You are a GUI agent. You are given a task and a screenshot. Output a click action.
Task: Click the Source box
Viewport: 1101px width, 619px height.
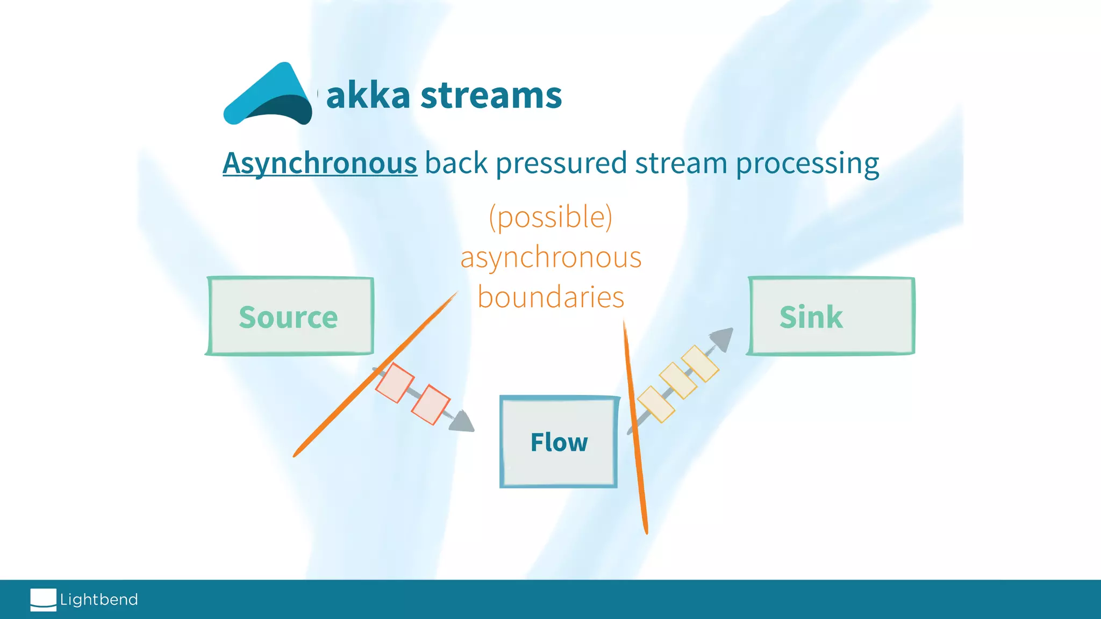pos(289,316)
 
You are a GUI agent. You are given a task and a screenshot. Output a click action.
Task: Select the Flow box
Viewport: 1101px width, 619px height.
pos(559,442)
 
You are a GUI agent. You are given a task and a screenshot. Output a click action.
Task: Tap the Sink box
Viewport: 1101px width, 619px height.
pos(831,316)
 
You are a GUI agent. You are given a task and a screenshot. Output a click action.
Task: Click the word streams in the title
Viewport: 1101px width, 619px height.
pos(491,96)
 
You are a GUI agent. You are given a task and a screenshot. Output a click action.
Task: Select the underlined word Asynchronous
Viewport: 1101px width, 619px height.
pos(320,163)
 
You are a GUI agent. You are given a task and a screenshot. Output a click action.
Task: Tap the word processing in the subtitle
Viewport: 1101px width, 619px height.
pos(807,163)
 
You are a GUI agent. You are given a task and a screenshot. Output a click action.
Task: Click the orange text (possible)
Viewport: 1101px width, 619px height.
pos(550,217)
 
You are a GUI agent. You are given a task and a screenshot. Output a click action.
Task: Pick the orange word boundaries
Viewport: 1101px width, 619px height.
pos(550,297)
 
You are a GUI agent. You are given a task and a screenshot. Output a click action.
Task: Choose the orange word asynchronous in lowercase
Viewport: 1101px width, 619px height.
pos(550,257)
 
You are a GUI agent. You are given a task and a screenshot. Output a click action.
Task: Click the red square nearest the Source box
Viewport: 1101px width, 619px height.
pos(395,383)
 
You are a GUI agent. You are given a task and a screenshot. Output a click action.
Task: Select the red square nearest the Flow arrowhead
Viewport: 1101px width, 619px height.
pos(431,405)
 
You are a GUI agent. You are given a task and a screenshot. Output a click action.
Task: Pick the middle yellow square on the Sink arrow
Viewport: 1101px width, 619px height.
pos(678,380)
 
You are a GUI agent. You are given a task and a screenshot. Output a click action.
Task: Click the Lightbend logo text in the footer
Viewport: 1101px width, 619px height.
pos(99,600)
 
